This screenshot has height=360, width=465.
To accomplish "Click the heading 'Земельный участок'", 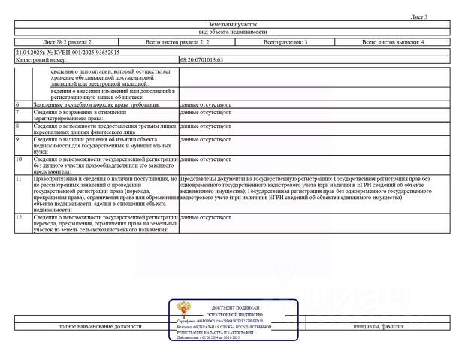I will pyautogui.click(x=232, y=24).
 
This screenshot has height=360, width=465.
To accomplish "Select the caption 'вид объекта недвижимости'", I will pyautogui.click(x=232, y=32).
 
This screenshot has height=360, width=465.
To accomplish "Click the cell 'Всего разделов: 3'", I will pyautogui.click(x=285, y=42).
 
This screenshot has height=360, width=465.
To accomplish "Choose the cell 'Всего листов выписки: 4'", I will pyautogui.click(x=393, y=42).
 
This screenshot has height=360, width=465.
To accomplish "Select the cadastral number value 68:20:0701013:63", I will pyautogui.click(x=202, y=59).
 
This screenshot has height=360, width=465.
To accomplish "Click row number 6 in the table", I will pyautogui.click(x=17, y=104).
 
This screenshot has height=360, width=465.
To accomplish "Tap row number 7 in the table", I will pyautogui.click(x=17, y=111).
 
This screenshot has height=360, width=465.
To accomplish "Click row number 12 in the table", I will pyautogui.click(x=18, y=216).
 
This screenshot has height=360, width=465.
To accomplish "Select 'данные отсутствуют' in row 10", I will pyautogui.click(x=205, y=159).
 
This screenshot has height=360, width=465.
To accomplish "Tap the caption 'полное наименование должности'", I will pyautogui.click(x=100, y=327).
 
